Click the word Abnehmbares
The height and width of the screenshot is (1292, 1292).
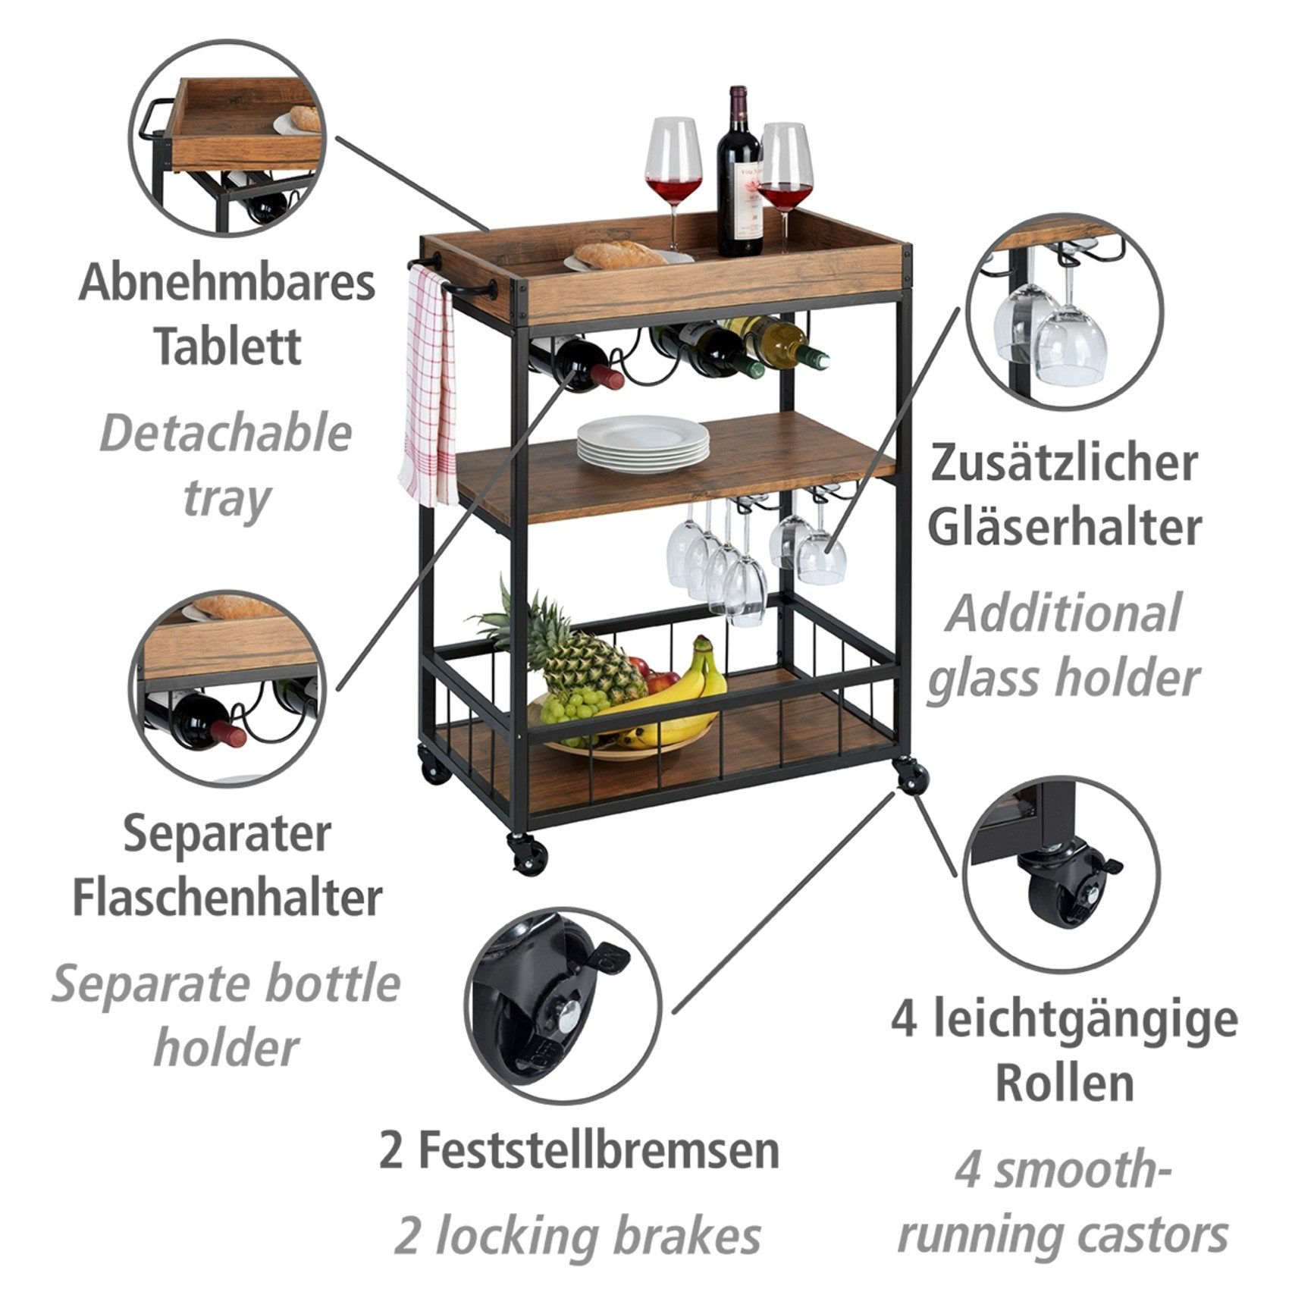[x=227, y=282]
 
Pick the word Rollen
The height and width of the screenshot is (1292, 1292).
[x=1065, y=1083]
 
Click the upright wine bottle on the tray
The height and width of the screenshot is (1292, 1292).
[x=740, y=174]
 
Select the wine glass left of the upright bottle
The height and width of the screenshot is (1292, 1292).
[x=673, y=163]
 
